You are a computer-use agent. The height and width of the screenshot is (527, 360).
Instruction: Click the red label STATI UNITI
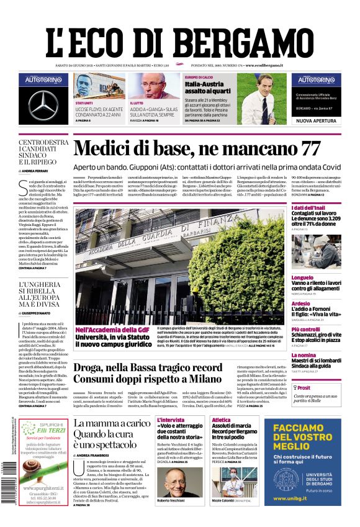(x=84, y=103)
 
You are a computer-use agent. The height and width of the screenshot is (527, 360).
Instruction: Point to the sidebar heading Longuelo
(x=302, y=277)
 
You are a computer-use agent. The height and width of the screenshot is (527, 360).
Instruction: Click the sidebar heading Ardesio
(x=300, y=304)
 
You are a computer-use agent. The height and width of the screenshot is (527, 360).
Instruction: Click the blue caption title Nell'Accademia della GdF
(x=112, y=329)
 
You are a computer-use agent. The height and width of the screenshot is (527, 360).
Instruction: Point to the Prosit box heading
(x=304, y=387)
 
